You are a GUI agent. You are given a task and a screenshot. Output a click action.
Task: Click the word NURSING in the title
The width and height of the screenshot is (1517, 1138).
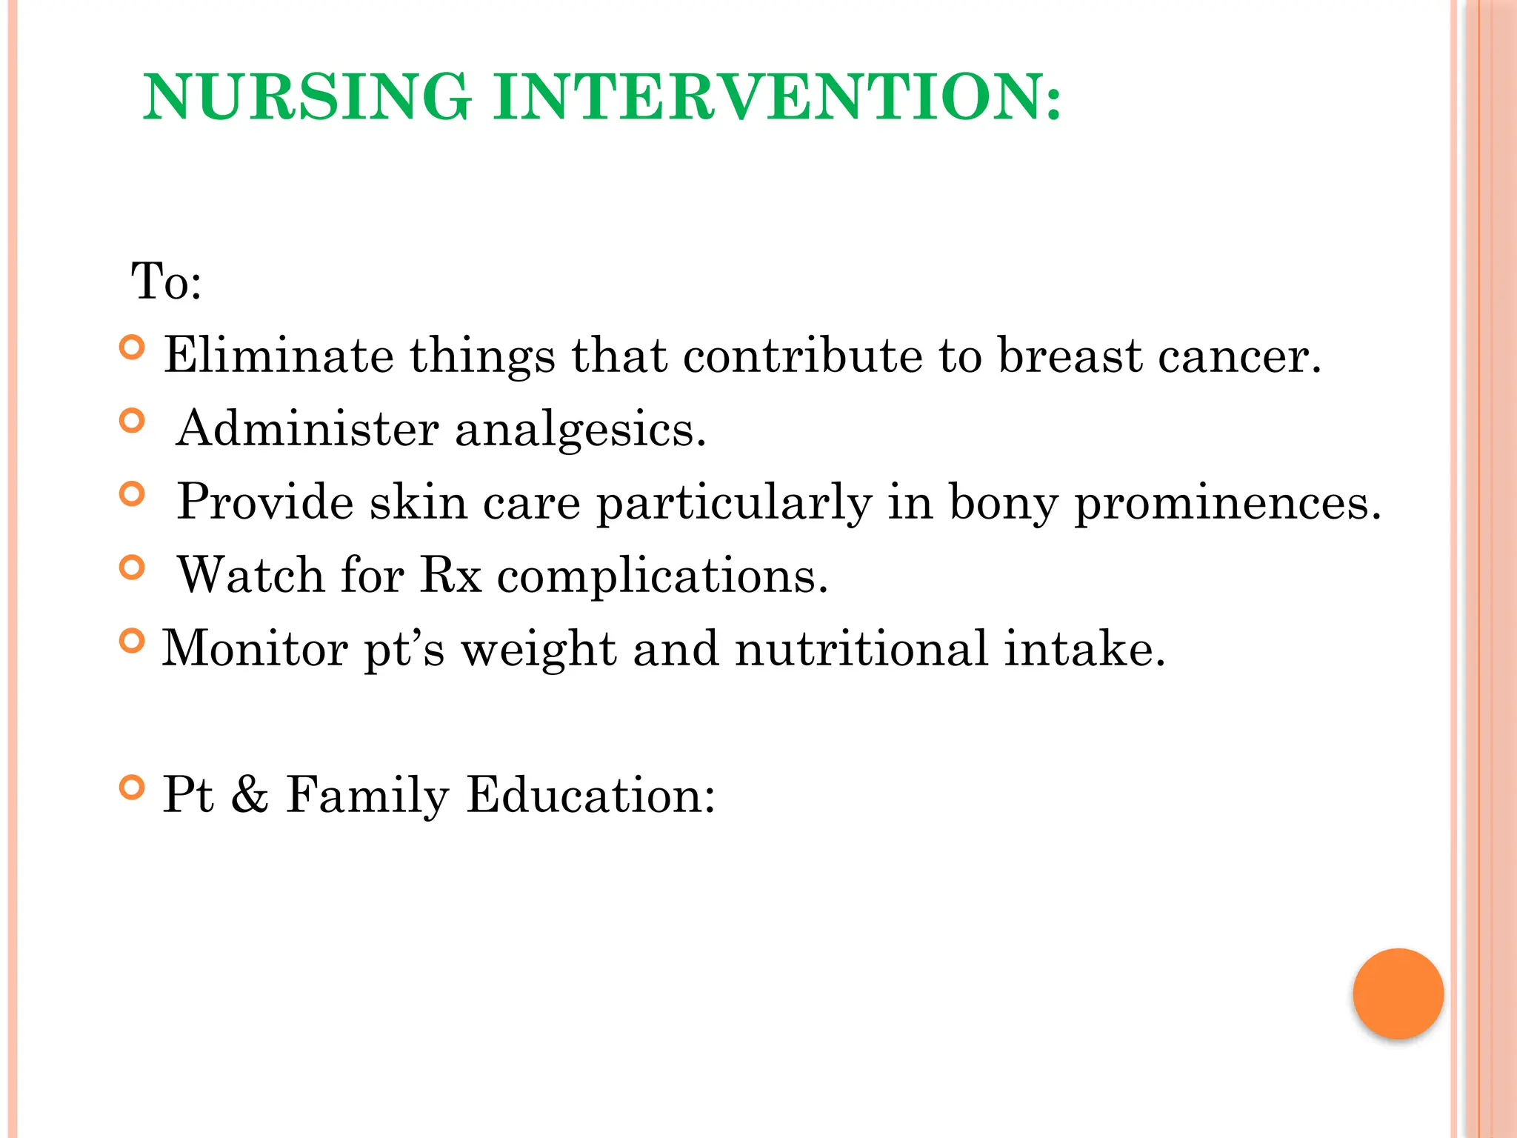[x=307, y=97]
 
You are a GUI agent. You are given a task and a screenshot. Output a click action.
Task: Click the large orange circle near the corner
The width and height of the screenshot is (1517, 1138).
[x=1398, y=994]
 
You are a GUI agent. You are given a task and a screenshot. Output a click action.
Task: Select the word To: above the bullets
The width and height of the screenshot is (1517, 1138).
[x=167, y=282]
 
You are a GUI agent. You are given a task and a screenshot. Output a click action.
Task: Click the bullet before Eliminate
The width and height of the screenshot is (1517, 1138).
[x=132, y=347]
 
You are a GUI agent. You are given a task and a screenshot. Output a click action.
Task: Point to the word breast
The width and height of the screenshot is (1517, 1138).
[x=1069, y=356]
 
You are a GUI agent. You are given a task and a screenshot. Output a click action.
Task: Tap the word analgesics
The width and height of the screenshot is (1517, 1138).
[x=580, y=430]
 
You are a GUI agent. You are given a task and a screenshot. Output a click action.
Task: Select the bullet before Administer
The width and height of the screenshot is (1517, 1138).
[x=132, y=421]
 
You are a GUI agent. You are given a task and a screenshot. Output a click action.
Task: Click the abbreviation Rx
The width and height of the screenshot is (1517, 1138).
[x=450, y=575]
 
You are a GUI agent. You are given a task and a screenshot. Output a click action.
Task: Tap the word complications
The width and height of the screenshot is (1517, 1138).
[x=662, y=576]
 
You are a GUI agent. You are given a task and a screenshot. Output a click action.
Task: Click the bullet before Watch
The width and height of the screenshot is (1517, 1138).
[x=132, y=568]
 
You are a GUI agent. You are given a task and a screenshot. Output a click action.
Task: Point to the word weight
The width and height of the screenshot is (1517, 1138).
[x=539, y=650]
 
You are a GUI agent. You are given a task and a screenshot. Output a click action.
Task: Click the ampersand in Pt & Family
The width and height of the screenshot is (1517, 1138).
[x=250, y=795]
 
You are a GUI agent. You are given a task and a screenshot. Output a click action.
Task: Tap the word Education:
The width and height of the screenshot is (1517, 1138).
[x=590, y=795]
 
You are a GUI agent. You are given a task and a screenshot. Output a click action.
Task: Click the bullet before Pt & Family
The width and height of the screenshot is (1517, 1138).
[x=132, y=787]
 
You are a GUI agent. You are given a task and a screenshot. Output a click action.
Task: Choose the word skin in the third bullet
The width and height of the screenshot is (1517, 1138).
[x=419, y=502]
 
